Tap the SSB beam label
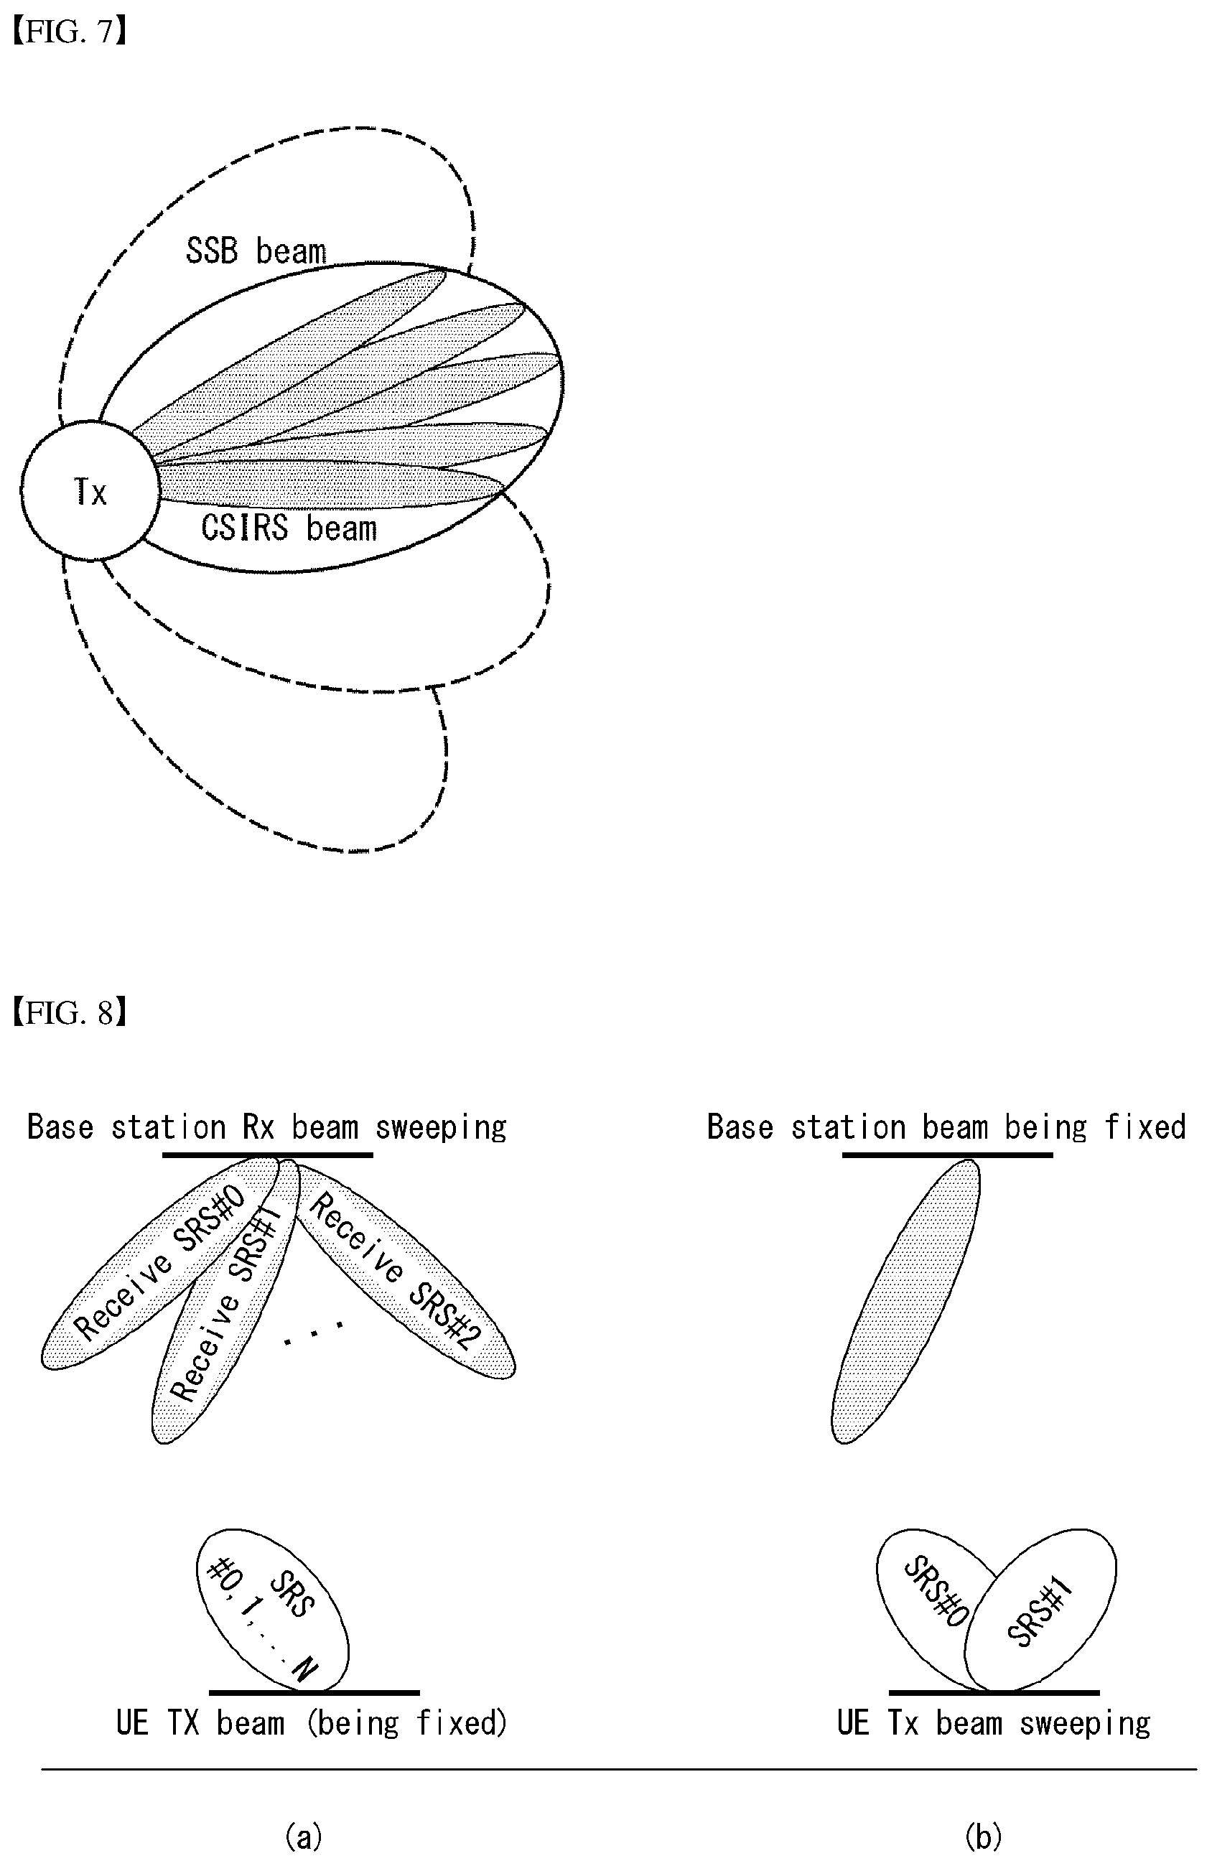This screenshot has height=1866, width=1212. point(256,251)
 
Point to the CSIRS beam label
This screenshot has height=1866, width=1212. point(289,528)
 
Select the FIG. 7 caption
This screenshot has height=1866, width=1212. point(69,32)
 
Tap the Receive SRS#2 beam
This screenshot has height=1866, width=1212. point(404,1270)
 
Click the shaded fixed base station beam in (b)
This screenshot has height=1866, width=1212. point(905,1302)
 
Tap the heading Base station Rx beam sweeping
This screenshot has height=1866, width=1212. point(266,1127)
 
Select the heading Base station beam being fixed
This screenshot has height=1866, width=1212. point(946,1127)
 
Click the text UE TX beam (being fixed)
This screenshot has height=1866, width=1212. point(311,1723)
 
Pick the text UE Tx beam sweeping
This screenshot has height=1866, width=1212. point(993,1723)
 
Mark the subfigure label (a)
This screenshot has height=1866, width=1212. point(304,1837)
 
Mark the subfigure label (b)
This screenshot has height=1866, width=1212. point(983,1837)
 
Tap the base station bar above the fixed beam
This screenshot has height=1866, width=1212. point(947,1155)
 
